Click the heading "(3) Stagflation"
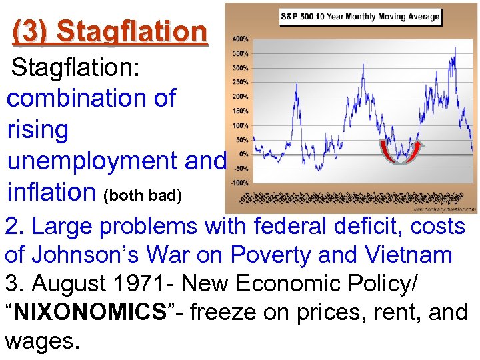click(x=110, y=31)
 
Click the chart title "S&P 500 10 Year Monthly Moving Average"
click(x=359, y=16)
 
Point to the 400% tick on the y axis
click(x=239, y=39)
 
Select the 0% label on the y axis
click(x=244, y=153)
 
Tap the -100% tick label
click(x=239, y=182)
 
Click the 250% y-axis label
click(x=239, y=82)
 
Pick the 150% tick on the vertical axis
click(x=239, y=111)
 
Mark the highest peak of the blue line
click(x=455, y=48)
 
